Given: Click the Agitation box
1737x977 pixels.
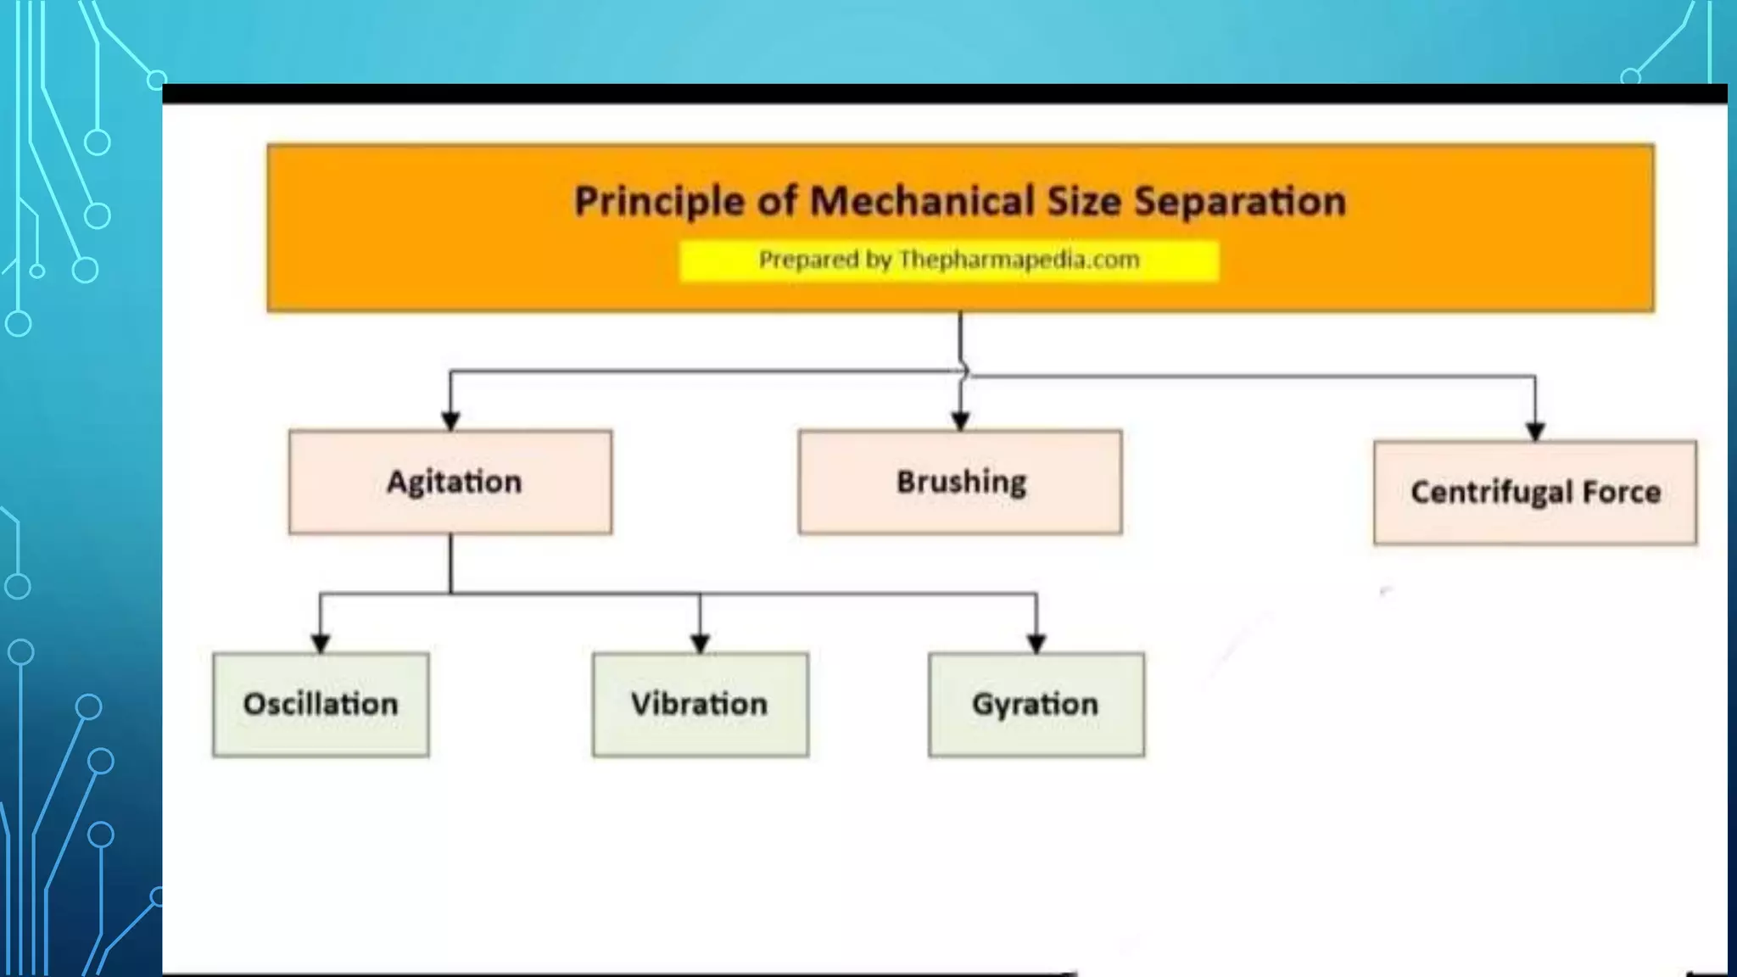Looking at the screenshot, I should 450,482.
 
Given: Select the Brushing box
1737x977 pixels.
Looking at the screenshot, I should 960,482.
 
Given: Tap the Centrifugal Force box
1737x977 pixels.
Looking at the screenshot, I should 1535,492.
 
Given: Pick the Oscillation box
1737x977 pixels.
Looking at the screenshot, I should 321,704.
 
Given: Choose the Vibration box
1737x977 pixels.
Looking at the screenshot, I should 700,704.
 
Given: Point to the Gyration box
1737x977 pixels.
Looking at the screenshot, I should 1036,704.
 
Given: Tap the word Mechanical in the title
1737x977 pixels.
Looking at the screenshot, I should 922,202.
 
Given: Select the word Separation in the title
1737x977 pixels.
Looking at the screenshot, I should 1240,202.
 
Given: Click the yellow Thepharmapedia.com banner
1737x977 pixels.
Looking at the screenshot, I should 949,260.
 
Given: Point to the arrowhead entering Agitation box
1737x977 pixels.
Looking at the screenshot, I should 450,421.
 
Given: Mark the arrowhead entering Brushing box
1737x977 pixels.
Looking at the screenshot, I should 960,421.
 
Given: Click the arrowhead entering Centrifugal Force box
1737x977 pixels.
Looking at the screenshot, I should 1535,431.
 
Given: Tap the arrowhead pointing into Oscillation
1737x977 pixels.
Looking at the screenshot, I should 321,644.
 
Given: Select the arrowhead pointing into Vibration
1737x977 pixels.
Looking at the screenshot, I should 700,644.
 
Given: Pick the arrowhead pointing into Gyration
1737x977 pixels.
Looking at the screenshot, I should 1036,644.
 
